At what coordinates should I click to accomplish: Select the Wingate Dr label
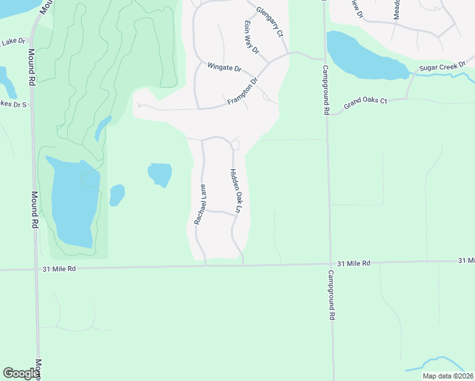pyautogui.click(x=225, y=67)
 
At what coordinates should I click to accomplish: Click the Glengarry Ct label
pyautogui.click(x=269, y=22)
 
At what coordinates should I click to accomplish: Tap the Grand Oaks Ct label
pyautogui.click(x=365, y=102)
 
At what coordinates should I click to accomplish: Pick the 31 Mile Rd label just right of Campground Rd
pyautogui.click(x=354, y=263)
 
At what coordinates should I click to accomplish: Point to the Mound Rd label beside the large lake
pyautogui.click(x=36, y=210)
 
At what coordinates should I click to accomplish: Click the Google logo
pyautogui.click(x=21, y=373)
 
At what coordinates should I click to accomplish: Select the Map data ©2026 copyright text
pyautogui.click(x=448, y=376)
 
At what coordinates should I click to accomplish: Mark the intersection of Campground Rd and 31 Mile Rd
pyautogui.click(x=329, y=264)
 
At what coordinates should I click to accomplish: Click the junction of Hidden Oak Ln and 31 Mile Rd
pyautogui.click(x=243, y=265)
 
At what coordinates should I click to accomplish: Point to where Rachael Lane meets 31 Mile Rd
pyautogui.click(x=205, y=266)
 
